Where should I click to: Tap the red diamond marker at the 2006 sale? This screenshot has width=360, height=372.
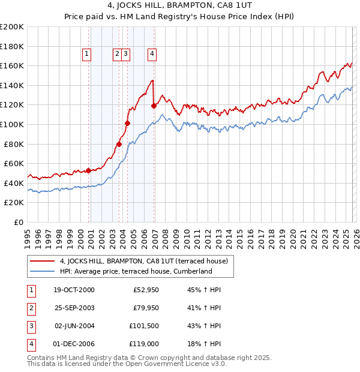click(154, 106)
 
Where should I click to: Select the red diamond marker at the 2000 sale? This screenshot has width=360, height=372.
click(89, 170)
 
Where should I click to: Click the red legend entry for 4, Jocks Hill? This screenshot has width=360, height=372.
click(143, 261)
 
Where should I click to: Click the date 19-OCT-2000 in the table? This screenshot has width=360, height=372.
click(74, 290)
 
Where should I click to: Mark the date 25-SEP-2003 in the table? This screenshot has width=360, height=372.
click(74, 308)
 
